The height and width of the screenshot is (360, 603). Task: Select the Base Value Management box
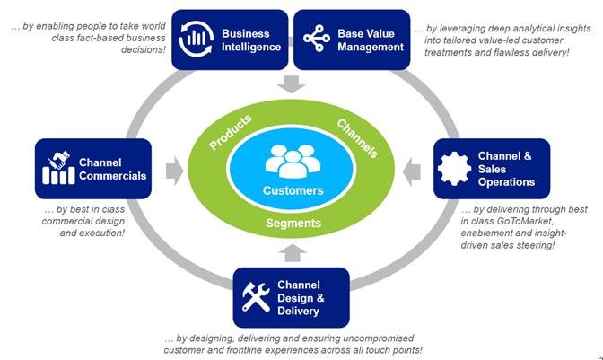pyautogui.click(x=353, y=40)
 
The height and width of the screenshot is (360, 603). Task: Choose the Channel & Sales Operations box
pyautogui.click(x=491, y=168)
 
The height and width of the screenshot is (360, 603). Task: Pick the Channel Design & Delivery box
pyautogui.click(x=292, y=297)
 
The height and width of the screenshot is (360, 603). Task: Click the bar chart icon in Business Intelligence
pyautogui.click(x=198, y=40)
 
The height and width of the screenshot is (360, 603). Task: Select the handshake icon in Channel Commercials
pyautogui.click(x=58, y=167)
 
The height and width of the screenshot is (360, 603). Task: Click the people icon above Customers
pyautogui.click(x=293, y=162)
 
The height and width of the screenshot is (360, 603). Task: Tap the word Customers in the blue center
pyautogui.click(x=293, y=190)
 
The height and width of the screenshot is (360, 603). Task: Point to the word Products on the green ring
pyautogui.click(x=231, y=132)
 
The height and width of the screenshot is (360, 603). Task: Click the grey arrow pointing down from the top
pyautogui.click(x=293, y=84)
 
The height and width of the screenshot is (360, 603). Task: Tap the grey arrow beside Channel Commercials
pyautogui.click(x=174, y=168)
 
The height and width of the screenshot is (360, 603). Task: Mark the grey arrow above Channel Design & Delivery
pyautogui.click(x=293, y=250)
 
